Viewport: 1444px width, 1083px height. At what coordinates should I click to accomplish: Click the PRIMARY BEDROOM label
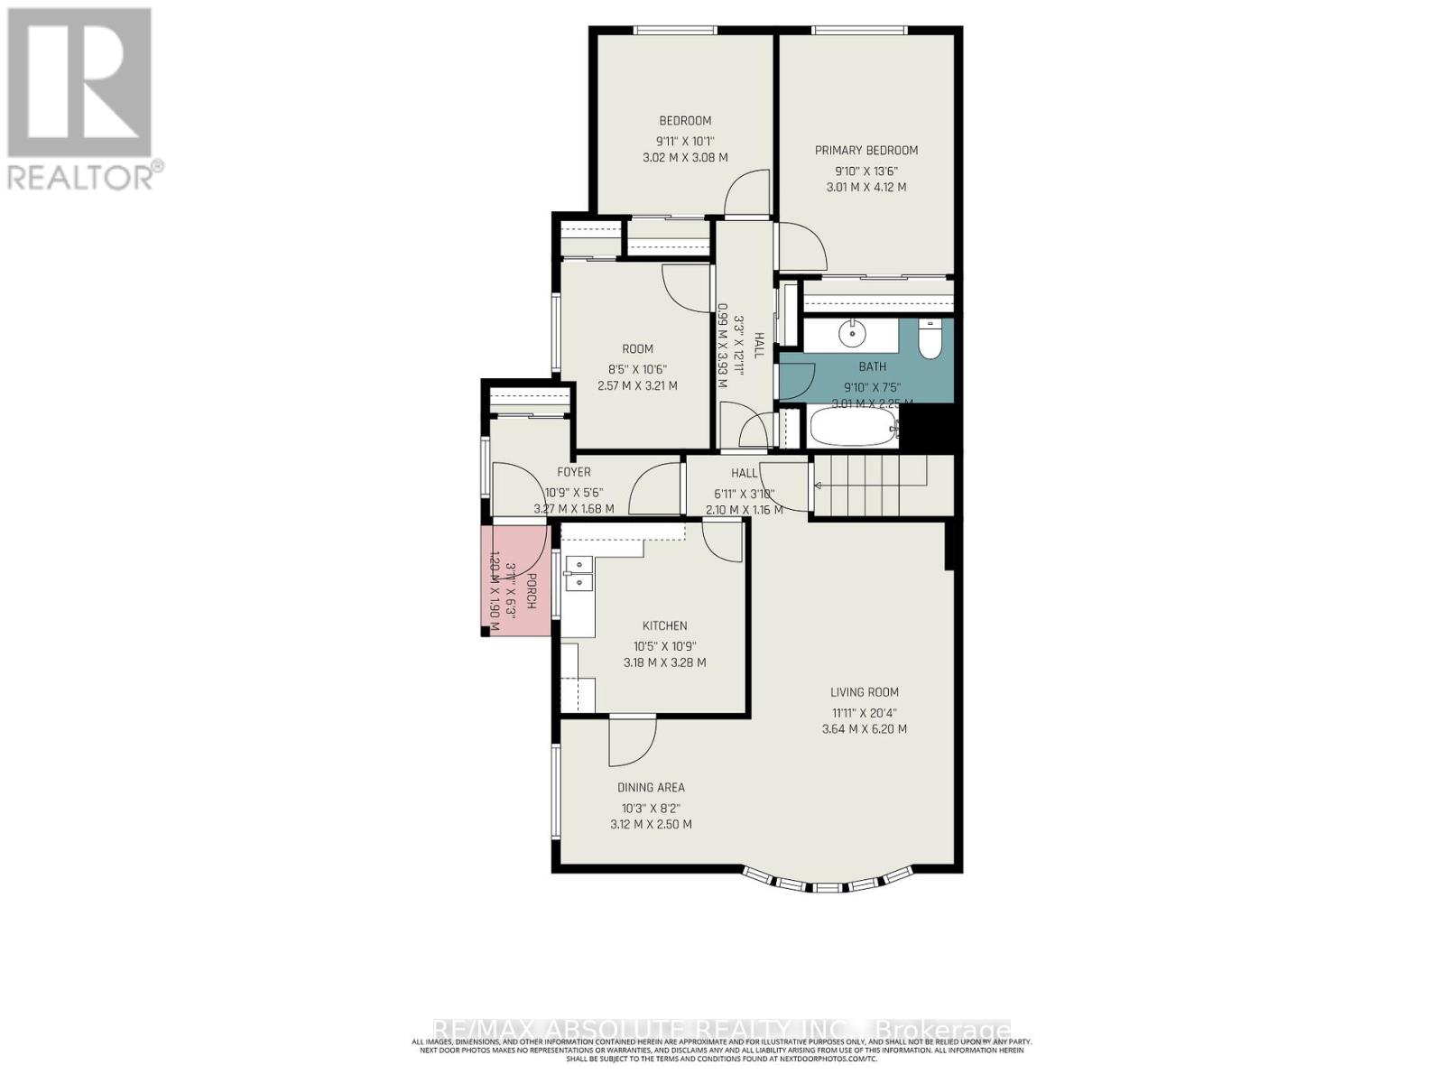coord(865,151)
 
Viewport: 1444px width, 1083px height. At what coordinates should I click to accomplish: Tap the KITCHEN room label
coord(664,625)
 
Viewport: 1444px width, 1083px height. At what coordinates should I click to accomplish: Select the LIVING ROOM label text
coord(864,692)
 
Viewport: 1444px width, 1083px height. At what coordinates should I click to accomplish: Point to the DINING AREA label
coord(651,787)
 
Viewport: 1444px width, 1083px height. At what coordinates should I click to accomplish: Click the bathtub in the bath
coord(853,427)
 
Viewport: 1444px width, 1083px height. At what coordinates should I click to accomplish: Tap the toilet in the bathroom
coord(929,339)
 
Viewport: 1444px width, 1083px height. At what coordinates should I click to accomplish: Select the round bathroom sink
coord(852,334)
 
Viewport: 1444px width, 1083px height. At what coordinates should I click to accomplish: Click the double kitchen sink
coord(578,574)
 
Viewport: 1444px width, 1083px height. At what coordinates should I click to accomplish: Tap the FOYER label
coord(574,472)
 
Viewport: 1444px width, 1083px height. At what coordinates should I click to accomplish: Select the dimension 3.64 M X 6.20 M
coord(864,729)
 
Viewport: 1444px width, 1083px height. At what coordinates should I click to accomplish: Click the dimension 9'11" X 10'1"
coord(685,140)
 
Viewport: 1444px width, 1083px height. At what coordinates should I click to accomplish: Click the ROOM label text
coord(637,349)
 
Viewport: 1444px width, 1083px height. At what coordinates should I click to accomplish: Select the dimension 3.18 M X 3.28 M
coord(664,662)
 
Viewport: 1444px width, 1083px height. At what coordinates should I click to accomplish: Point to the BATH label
coord(872,366)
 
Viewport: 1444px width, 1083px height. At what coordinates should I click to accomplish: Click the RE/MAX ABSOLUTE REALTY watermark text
coord(722,1030)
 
